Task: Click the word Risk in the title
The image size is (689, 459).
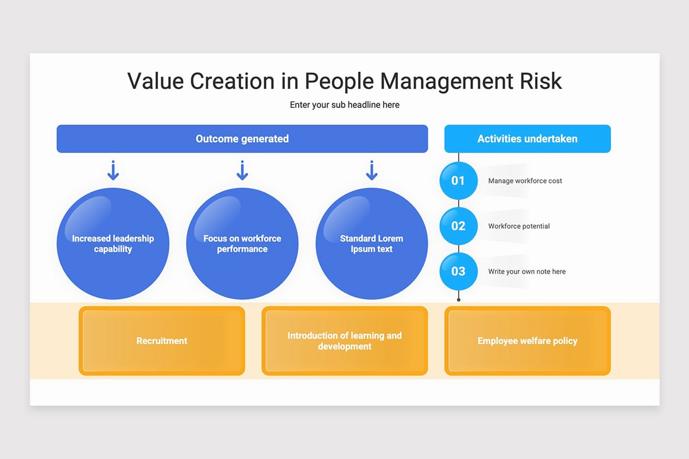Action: [x=541, y=81]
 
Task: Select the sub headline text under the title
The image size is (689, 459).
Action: [x=344, y=105]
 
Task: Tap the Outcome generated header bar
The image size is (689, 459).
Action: [x=242, y=139]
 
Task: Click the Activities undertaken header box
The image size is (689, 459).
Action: [x=528, y=139]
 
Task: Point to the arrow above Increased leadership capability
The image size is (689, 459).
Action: [x=113, y=170]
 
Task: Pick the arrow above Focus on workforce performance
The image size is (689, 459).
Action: [x=242, y=170]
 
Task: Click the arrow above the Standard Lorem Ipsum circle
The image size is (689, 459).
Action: [x=371, y=170]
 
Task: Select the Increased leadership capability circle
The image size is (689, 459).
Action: [x=113, y=243]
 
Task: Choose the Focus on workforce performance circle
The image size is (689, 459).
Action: [x=242, y=243]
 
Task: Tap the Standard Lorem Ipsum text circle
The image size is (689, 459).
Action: [x=371, y=243]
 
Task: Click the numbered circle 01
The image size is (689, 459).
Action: [x=458, y=181]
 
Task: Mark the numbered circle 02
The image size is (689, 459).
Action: [x=458, y=226]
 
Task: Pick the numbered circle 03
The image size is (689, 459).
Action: [x=458, y=271]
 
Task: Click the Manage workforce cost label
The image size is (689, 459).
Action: [x=525, y=181]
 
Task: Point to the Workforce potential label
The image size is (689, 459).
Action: [x=518, y=226]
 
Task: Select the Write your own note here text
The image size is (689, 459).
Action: [x=527, y=271]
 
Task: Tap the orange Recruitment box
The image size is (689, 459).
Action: [x=162, y=341]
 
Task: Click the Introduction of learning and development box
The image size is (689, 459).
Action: [x=344, y=341]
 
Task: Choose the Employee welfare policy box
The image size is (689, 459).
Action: [x=528, y=341]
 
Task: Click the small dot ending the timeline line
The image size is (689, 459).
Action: [x=459, y=299]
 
